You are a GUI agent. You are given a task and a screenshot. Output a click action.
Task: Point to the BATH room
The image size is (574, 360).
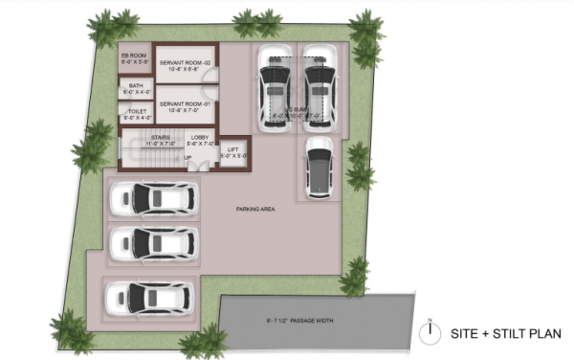pos(133,88)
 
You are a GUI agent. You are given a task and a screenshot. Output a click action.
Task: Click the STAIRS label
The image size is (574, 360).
pos(160,139)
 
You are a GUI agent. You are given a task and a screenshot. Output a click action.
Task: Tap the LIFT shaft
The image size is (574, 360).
pos(234,148)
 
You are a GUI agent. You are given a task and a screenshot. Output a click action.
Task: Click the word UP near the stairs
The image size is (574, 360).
pos(188,157)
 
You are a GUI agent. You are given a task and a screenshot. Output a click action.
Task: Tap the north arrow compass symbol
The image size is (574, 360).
pos(431,331)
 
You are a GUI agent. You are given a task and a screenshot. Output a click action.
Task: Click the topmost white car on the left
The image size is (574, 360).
pos(153,198)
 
